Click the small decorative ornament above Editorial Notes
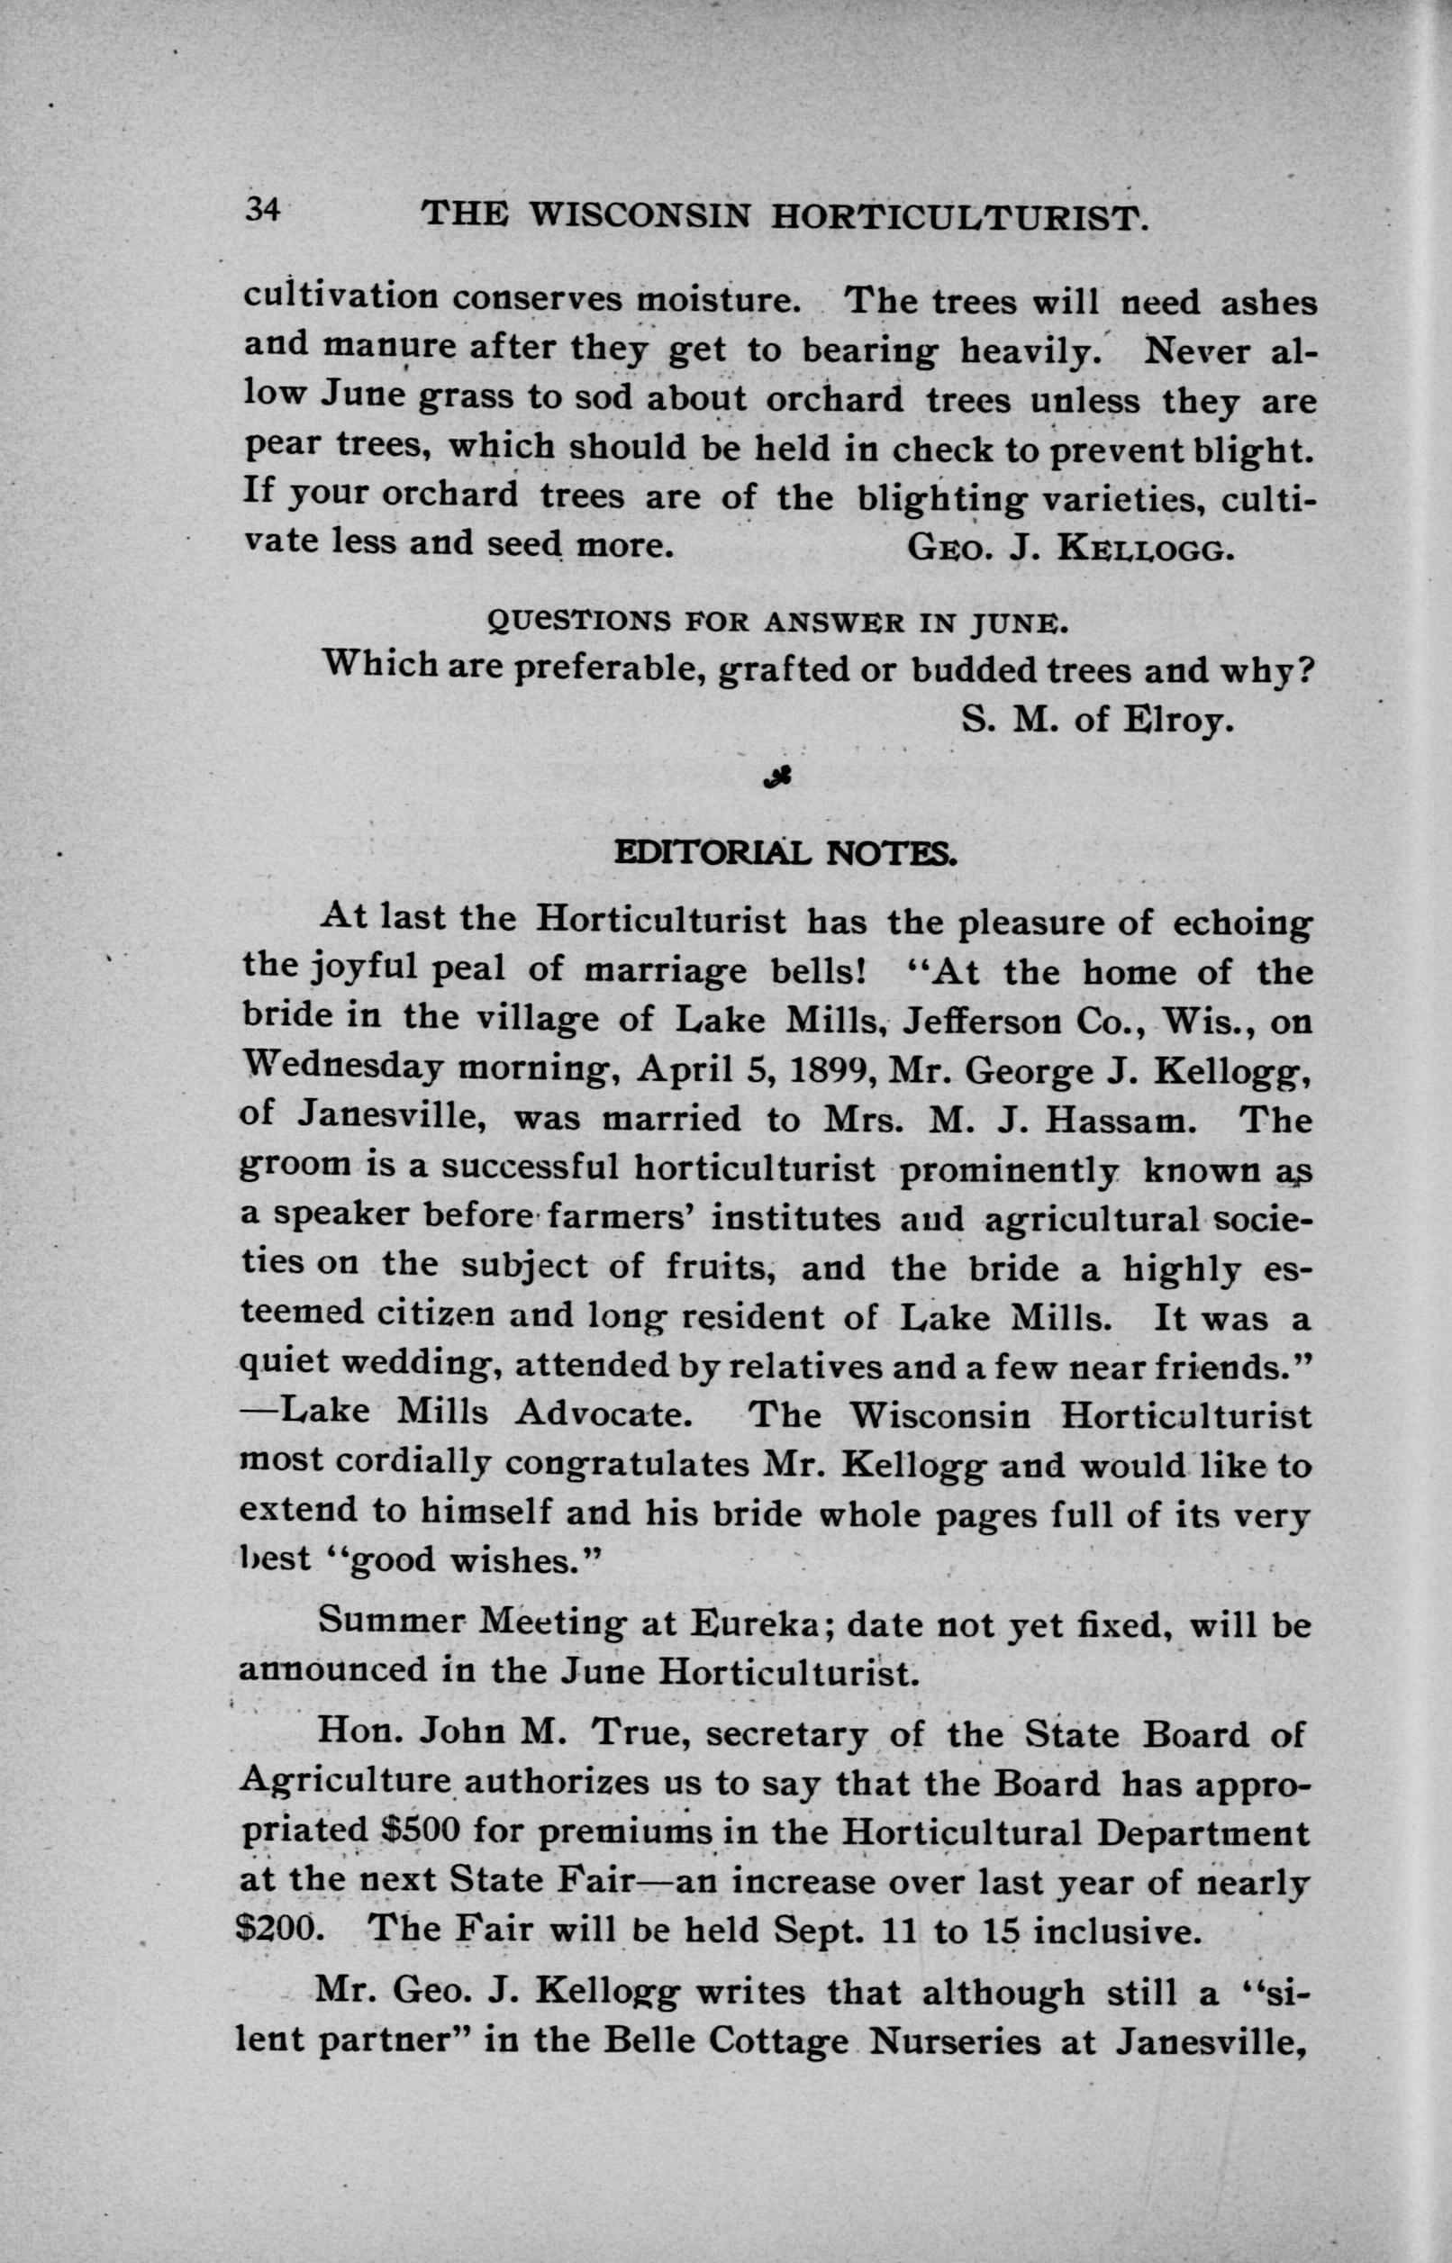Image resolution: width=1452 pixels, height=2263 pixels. (779, 776)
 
